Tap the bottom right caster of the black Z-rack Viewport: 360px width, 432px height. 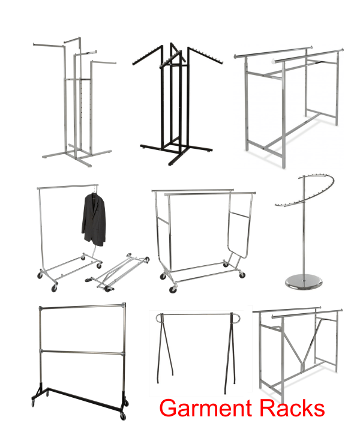tap(123, 415)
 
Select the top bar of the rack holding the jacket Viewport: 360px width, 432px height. tap(67, 187)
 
